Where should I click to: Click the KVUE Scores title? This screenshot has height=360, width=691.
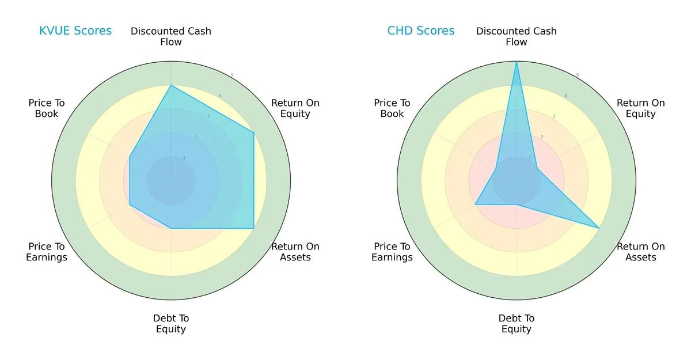75,31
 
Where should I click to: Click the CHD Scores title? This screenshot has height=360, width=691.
420,31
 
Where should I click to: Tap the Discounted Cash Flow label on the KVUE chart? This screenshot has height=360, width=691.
171,36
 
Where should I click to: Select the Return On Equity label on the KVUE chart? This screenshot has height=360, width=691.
295,108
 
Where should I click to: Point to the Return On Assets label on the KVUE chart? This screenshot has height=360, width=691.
295,252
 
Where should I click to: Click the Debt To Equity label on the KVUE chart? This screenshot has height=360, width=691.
171,324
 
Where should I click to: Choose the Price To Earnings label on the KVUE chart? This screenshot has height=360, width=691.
47,252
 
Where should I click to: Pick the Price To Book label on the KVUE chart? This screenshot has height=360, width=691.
47,108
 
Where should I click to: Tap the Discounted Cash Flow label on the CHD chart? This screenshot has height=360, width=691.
517,36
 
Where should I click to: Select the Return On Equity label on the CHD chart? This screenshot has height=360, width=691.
640,108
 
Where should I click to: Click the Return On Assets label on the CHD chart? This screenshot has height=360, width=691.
640,252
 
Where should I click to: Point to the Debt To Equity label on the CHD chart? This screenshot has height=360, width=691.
517,324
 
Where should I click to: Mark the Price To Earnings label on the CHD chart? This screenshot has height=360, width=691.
392,252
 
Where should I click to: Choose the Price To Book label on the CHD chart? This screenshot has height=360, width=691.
392,108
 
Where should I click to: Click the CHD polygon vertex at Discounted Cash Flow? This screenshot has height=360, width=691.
517,62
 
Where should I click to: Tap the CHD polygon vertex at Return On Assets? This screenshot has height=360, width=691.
599,229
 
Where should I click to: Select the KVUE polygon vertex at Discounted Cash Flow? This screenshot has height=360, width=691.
171,85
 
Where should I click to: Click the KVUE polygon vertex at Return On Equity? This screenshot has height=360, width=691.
254,133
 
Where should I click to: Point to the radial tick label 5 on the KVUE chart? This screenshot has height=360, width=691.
232,75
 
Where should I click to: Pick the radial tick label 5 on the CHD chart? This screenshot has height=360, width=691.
578,75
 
